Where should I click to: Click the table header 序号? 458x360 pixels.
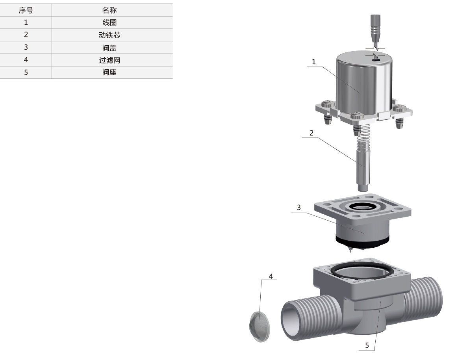click(x=26, y=10)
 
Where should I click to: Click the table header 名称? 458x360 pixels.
click(x=109, y=10)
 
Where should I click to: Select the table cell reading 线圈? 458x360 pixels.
click(x=109, y=22)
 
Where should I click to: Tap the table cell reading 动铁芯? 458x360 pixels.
click(x=109, y=35)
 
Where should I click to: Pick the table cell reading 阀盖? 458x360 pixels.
click(x=109, y=48)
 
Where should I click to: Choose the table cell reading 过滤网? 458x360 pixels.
click(x=109, y=60)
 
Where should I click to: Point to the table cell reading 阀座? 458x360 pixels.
click(x=109, y=72)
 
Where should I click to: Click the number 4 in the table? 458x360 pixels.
click(x=26, y=60)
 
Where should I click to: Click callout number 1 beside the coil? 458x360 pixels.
click(x=314, y=62)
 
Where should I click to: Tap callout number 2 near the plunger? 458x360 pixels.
click(x=312, y=133)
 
